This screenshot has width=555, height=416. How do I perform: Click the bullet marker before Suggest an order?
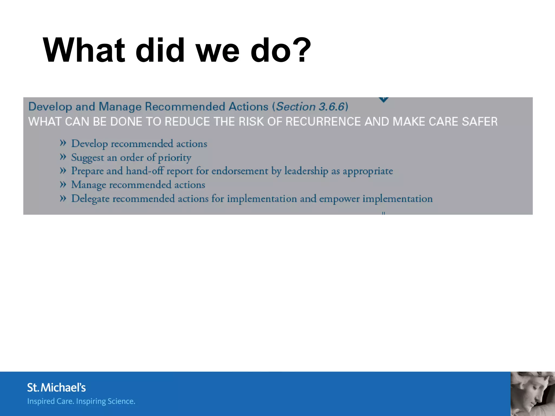click(63, 157)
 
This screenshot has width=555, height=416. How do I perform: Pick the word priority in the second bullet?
click(175, 158)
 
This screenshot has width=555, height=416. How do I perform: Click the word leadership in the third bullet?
click(306, 171)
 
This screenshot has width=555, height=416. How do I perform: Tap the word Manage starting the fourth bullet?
click(88, 185)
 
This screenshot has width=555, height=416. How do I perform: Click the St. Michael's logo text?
click(56, 388)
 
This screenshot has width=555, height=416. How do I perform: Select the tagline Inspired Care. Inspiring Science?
click(81, 401)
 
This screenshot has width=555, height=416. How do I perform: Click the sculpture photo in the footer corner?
click(533, 394)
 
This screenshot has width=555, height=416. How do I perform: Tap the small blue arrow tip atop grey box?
click(383, 100)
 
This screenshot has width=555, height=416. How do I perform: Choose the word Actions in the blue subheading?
click(248, 107)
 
